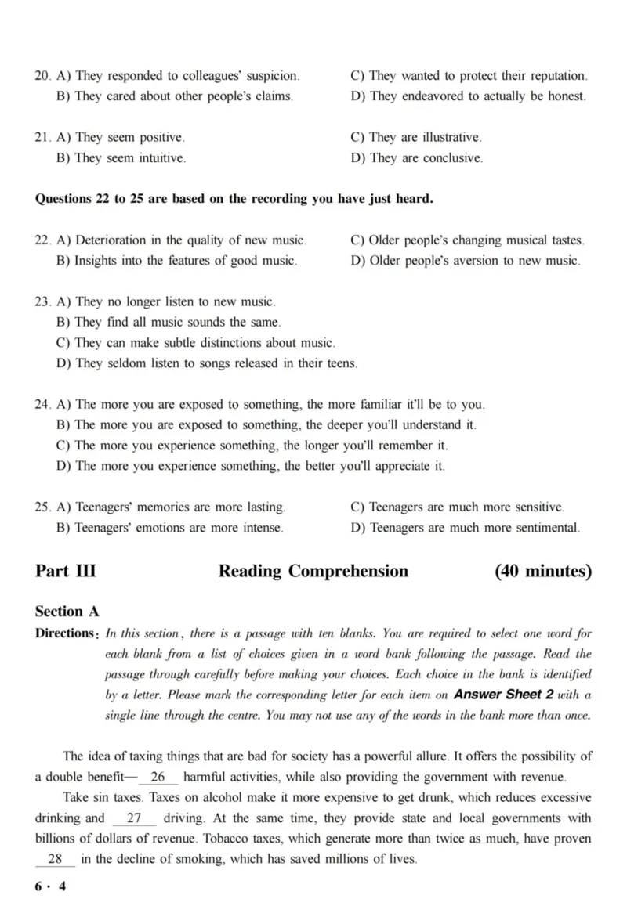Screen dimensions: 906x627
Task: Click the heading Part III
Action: [x=66, y=571]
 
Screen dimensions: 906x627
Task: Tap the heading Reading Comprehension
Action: [x=313, y=571]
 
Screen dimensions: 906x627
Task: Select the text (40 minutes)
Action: [x=543, y=571]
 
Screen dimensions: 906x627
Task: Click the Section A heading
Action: [x=67, y=612]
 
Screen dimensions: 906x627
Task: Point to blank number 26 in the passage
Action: [x=158, y=777]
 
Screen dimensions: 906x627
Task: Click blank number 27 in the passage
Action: [x=133, y=818]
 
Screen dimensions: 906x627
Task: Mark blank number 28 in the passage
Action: [x=55, y=858]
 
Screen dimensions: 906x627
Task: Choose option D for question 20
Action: [x=468, y=96]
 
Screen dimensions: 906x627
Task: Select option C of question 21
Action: [x=415, y=137]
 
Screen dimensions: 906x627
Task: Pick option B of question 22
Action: [x=176, y=261]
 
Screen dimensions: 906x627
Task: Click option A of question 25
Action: [x=171, y=507]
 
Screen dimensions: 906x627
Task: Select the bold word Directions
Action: [x=66, y=633]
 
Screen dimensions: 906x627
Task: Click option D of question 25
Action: [x=466, y=528]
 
